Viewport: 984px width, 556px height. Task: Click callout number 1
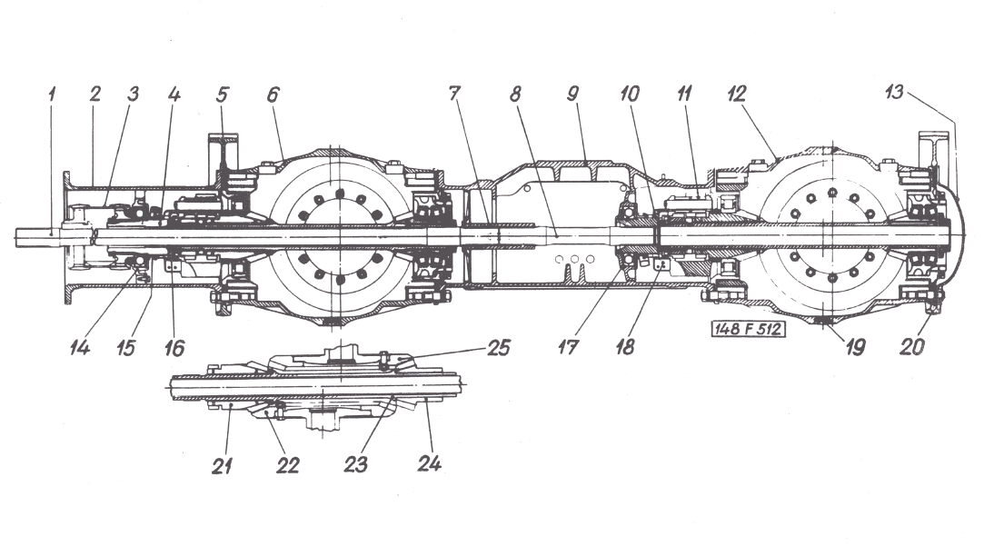click(53, 94)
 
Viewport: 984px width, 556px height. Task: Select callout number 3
click(134, 94)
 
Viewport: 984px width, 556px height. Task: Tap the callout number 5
click(223, 94)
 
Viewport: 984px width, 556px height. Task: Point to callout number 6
click(273, 94)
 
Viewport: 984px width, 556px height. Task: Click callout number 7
click(454, 94)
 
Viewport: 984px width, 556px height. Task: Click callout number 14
click(84, 347)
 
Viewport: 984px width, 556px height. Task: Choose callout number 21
click(224, 465)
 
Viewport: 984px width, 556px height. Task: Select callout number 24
click(429, 463)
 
